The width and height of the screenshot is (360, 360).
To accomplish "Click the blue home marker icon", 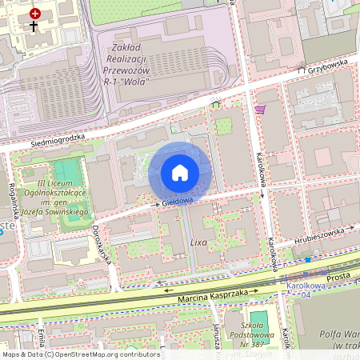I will pos(180,173).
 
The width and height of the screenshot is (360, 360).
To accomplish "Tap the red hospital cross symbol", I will pos(34,14).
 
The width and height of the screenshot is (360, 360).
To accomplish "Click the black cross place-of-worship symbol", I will pos(34,26).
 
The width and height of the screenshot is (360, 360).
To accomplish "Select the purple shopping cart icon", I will pos(259,110).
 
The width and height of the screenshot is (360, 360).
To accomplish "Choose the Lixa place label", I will pos(199,241).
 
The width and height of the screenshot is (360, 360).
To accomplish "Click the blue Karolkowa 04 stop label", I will pos(304,289).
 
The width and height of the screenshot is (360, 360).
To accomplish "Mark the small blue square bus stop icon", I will pos(307,260).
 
